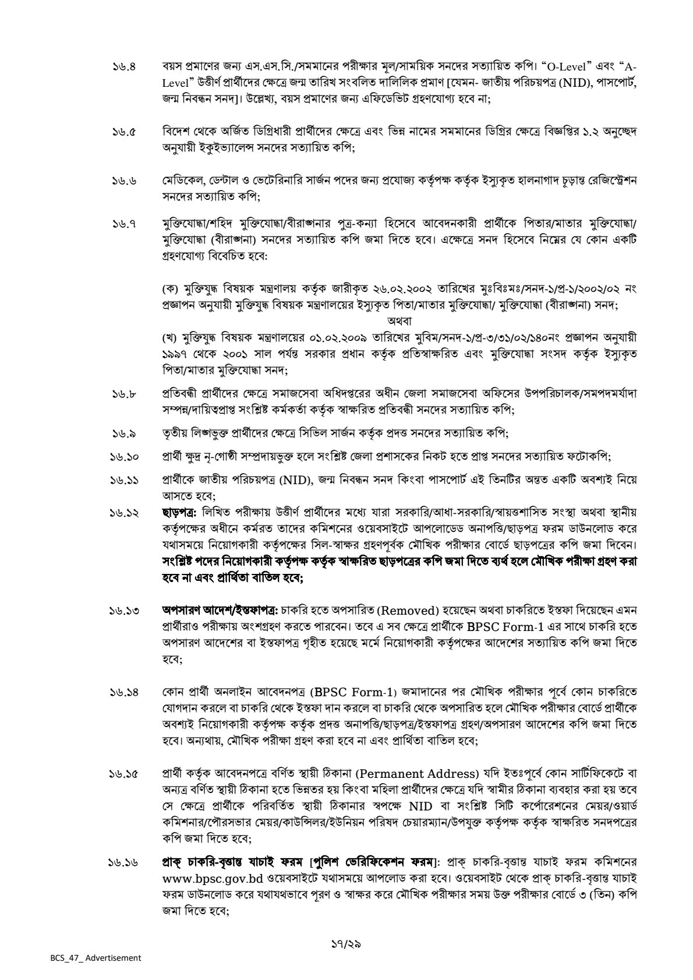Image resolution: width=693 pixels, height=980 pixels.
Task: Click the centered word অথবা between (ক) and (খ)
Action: click(398, 320)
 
